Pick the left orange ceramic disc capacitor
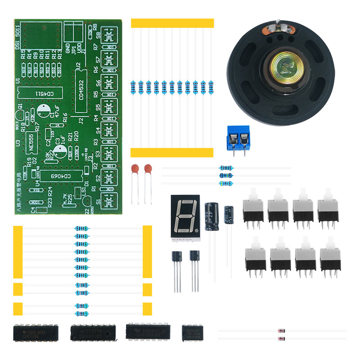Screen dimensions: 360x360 [x=134, y=169]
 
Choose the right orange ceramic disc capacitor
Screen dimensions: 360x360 [x=147, y=169]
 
